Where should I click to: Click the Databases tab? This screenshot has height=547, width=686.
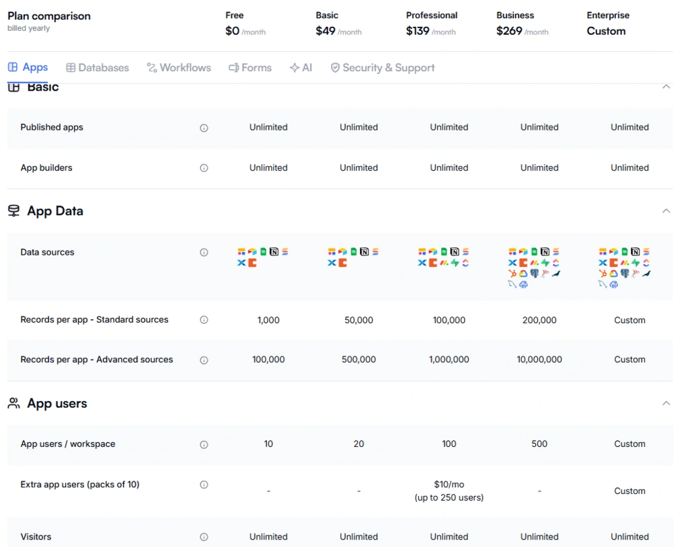point(98,68)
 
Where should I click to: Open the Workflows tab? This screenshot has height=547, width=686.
point(179,68)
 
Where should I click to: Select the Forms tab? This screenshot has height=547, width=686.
point(250,68)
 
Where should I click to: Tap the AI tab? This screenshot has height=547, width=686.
point(301,68)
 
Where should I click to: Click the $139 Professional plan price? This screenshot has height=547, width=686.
point(418,31)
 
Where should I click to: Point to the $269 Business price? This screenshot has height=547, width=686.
point(508,31)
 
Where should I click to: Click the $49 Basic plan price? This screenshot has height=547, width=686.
point(326,31)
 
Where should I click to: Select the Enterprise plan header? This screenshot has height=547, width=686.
point(608,15)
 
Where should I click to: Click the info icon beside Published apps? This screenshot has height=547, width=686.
point(204,128)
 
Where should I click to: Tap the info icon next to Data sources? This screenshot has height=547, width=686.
point(204,253)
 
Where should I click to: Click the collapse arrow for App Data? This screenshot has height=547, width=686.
point(666,211)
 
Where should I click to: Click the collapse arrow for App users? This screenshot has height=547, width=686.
point(666,403)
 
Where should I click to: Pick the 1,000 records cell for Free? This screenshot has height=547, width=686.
point(268,321)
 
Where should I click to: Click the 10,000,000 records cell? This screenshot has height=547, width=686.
point(539,360)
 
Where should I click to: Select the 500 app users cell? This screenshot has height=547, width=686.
point(539,444)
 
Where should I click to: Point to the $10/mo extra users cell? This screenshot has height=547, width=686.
point(449,485)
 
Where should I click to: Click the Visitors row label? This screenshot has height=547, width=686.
point(36,537)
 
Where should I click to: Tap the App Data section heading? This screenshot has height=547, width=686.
point(55,211)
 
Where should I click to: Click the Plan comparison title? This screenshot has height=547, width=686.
point(49,16)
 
